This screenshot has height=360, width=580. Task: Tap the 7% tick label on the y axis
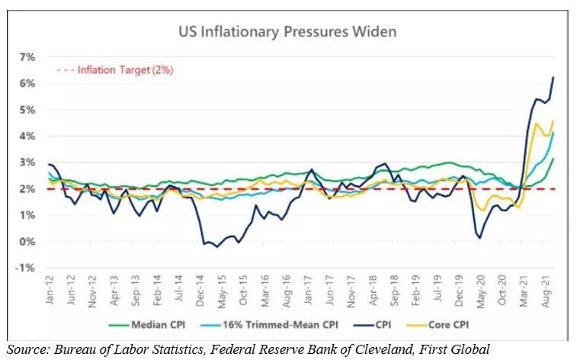tap(27, 57)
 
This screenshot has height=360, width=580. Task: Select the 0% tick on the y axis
tap(27, 242)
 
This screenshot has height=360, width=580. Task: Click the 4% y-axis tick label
tap(27, 137)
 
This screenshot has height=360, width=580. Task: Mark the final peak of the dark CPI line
tap(553, 78)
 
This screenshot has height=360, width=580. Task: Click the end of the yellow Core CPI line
tap(553, 121)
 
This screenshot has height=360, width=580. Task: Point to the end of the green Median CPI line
tap(553, 159)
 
